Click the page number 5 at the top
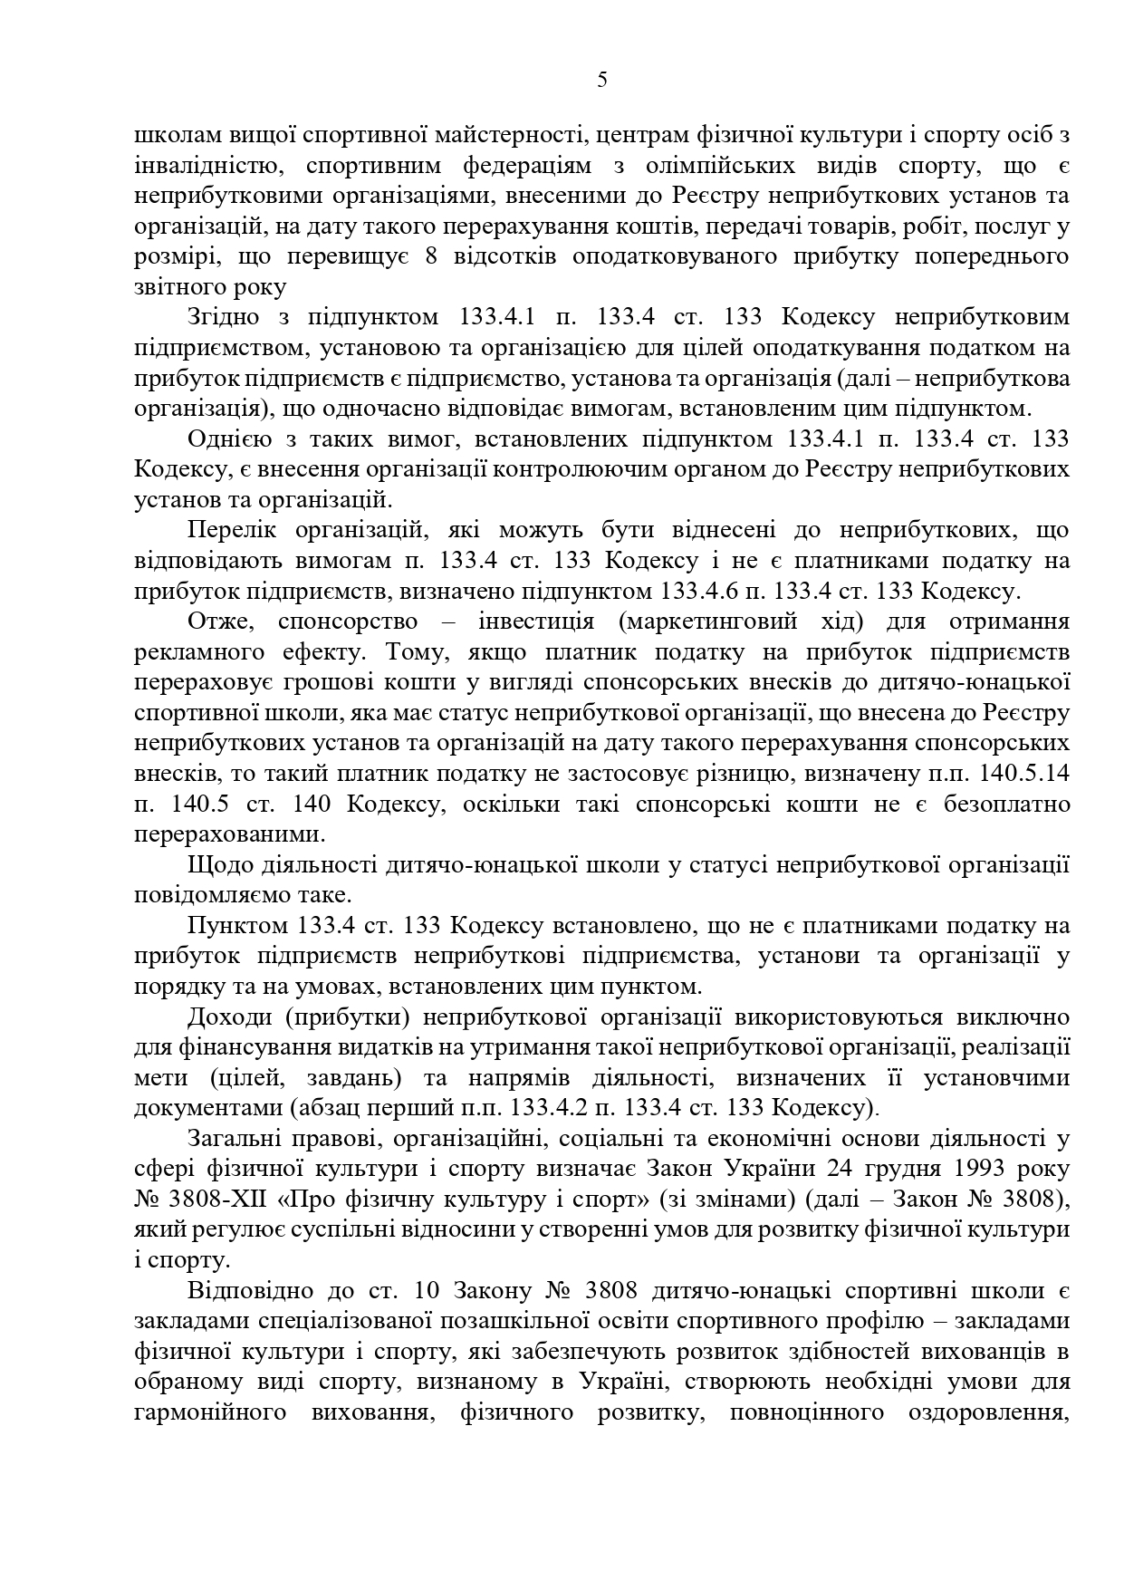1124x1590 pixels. click(602, 81)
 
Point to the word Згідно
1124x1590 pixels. click(220, 318)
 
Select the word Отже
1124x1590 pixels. click(214, 622)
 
